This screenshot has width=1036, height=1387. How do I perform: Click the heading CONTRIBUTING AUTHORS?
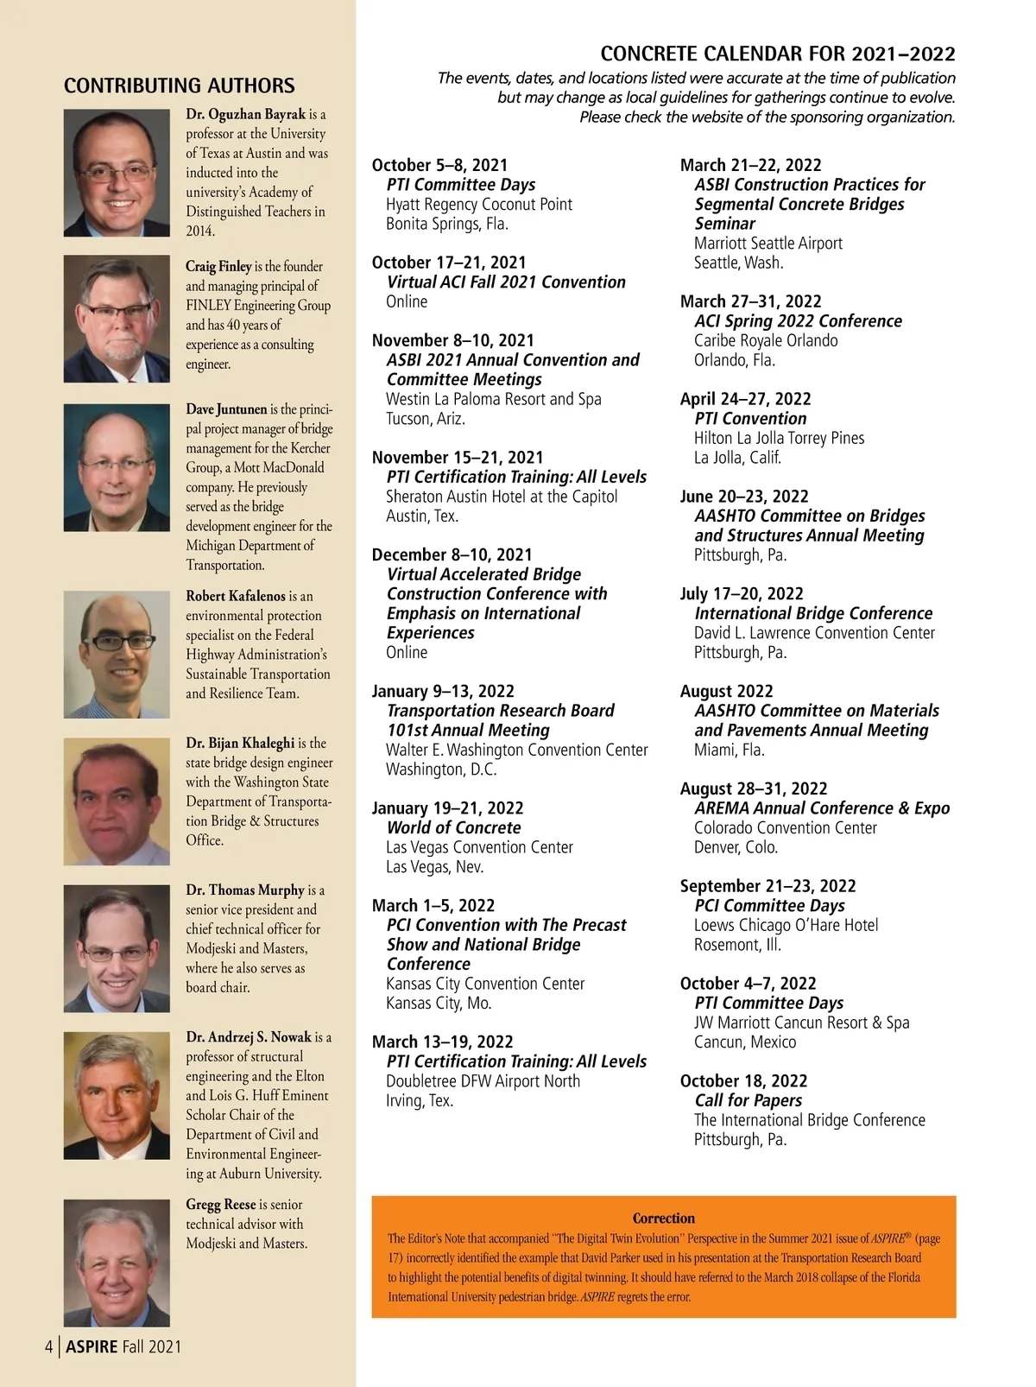179,85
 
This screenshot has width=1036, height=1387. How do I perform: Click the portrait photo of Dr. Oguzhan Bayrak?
117,173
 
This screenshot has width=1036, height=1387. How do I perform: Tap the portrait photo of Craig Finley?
117,319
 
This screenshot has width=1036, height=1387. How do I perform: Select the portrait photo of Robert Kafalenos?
117,654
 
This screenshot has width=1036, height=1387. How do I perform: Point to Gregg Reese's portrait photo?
117,1263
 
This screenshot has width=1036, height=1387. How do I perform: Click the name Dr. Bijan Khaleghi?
240,743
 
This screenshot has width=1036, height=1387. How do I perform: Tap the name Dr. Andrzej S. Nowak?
249,1037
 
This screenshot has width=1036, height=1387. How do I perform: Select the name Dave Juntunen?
226,409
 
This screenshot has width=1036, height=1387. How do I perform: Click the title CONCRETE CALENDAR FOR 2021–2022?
777,54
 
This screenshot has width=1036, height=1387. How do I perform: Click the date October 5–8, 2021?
439,165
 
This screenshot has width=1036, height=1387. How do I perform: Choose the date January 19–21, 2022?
447,808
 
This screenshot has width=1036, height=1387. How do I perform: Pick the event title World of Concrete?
454,827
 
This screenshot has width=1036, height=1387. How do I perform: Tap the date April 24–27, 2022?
745,399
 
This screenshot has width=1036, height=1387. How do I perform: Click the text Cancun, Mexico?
745,1042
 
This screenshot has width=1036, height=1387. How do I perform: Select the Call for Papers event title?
748,1100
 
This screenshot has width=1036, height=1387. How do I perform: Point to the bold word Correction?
663,1219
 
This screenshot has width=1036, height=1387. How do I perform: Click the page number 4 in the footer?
49,1346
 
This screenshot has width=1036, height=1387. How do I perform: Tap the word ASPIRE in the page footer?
92,1346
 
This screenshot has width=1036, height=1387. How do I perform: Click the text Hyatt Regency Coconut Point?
479,205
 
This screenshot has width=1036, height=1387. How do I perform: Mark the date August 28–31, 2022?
753,788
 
